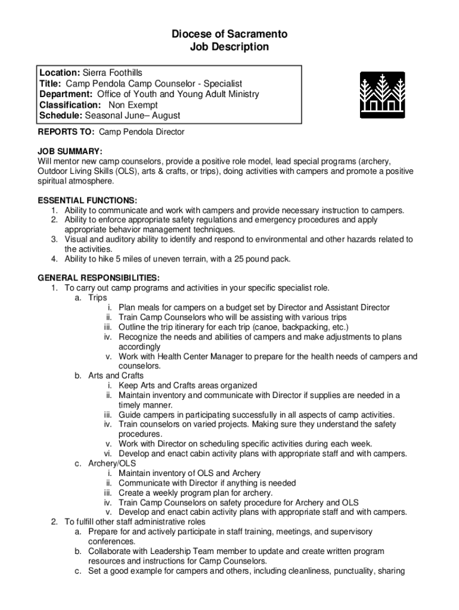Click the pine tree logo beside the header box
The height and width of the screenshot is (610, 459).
click(382, 95)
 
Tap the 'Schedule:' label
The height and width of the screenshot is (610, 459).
click(61, 116)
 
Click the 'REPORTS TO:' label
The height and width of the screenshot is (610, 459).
click(66, 132)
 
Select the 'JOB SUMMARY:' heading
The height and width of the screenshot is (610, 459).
click(70, 151)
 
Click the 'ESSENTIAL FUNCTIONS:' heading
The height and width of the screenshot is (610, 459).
click(88, 200)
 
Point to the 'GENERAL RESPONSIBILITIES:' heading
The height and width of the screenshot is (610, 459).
click(98, 278)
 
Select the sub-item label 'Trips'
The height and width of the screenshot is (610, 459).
click(98, 297)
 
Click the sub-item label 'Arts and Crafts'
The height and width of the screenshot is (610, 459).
click(116, 375)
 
